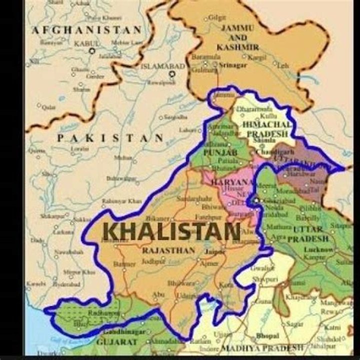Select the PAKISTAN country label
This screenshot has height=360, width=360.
tap(110, 138)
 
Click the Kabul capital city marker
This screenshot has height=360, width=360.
tap(91, 51)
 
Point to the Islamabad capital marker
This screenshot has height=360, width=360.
tap(172, 74)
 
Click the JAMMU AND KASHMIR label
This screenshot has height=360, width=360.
tap(238, 37)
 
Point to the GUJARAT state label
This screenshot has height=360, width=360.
tap(118, 342)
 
